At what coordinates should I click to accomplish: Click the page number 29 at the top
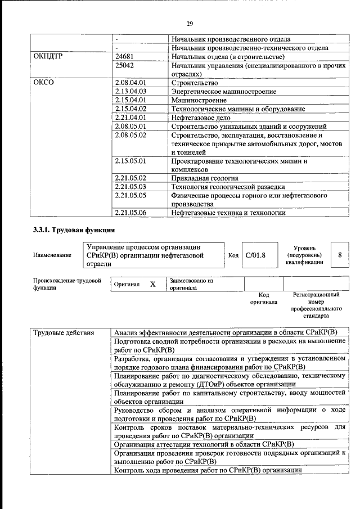coord(190,23)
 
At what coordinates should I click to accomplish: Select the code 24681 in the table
coord(125,57)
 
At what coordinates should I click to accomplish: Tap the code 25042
coord(125,65)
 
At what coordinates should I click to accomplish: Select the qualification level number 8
coord(340,255)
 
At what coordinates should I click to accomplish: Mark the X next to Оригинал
coord(152,285)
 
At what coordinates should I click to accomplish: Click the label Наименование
coord(52,255)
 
